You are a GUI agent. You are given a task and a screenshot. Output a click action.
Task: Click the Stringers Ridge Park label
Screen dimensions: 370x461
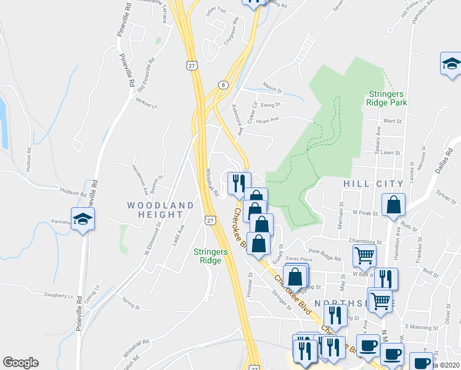tap(387, 99)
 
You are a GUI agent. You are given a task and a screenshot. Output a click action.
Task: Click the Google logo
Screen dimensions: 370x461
tap(20, 363)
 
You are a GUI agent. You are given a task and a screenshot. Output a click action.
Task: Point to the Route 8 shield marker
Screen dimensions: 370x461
tap(222, 85)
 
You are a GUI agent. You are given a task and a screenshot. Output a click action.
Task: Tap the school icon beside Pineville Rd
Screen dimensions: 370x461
tap(82, 219)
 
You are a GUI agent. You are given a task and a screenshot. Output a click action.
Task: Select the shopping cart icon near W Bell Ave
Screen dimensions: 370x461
tap(364, 255)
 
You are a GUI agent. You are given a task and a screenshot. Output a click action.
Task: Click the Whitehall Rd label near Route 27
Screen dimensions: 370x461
tap(212, 183)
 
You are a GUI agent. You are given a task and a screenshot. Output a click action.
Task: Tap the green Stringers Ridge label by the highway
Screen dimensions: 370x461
tap(211, 256)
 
